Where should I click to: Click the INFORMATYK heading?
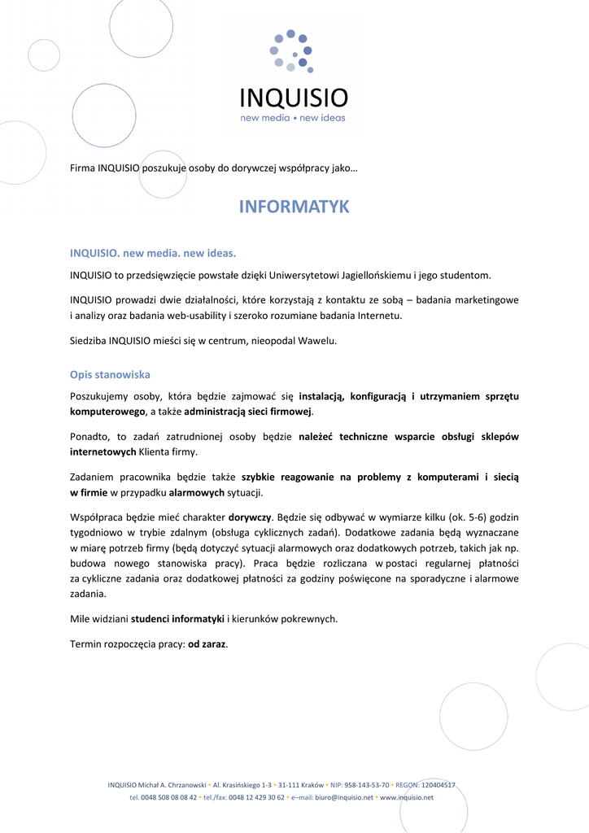[x=294, y=207]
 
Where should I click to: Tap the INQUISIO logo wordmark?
[x=294, y=98]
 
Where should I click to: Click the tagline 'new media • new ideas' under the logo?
[x=293, y=118]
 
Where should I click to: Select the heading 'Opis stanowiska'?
[x=110, y=375]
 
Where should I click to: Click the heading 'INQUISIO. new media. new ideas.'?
[x=153, y=253]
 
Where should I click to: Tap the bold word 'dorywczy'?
[x=249, y=517]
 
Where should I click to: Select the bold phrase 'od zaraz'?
[x=207, y=644]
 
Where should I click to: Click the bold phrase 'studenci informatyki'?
[x=177, y=618]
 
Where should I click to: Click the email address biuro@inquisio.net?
[x=344, y=798]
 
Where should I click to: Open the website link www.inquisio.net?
[x=407, y=798]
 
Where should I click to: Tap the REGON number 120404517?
[x=438, y=785]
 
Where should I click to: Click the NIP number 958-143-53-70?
[x=368, y=785]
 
